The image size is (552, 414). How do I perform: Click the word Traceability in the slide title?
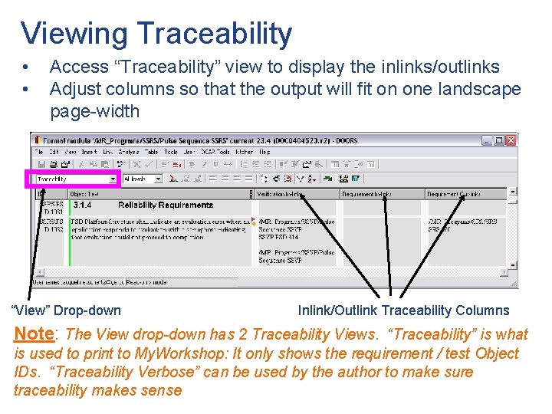click(214, 34)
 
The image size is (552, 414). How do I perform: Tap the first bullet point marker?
click(26, 67)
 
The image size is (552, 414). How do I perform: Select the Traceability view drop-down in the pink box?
click(75, 179)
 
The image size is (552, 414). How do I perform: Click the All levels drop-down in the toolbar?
click(143, 179)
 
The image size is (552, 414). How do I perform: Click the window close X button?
click(511, 140)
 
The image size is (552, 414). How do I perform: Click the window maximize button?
click(499, 140)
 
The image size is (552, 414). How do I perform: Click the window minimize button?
click(488, 140)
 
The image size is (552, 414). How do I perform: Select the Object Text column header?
click(84, 195)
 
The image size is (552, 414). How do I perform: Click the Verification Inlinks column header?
click(281, 195)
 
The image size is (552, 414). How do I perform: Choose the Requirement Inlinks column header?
click(366, 195)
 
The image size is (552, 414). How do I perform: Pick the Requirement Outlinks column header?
click(453, 195)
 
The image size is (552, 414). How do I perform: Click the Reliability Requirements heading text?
click(165, 205)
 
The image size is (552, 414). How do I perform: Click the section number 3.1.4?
click(82, 205)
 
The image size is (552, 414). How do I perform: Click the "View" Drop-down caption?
click(67, 310)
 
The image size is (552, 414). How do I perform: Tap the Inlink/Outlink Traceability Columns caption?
click(403, 310)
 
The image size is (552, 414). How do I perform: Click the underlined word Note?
click(34, 334)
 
